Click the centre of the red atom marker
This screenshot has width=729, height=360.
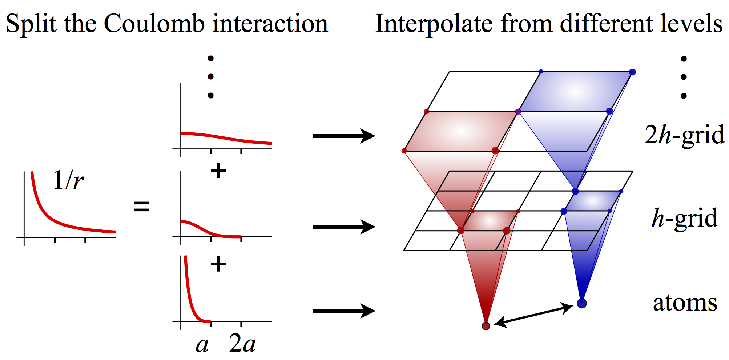(x=486, y=326)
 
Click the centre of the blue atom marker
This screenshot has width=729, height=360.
(x=582, y=303)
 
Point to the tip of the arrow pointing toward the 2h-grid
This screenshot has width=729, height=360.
(x=375, y=136)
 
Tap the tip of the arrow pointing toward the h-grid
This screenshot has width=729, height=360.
(x=375, y=227)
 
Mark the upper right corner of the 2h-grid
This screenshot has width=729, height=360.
(x=633, y=72)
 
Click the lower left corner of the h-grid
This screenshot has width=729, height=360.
(x=404, y=251)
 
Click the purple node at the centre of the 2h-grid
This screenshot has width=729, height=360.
(x=518, y=111)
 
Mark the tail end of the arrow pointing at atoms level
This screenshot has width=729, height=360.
(x=313, y=311)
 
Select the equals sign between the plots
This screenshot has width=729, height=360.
(x=142, y=207)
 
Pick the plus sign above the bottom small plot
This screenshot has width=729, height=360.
(x=218, y=264)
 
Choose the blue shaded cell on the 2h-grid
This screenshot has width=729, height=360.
(x=575, y=91)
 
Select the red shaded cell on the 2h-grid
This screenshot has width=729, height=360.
(x=460, y=131)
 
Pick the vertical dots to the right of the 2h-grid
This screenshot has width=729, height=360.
(x=684, y=77)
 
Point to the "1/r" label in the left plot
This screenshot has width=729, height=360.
(x=68, y=180)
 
